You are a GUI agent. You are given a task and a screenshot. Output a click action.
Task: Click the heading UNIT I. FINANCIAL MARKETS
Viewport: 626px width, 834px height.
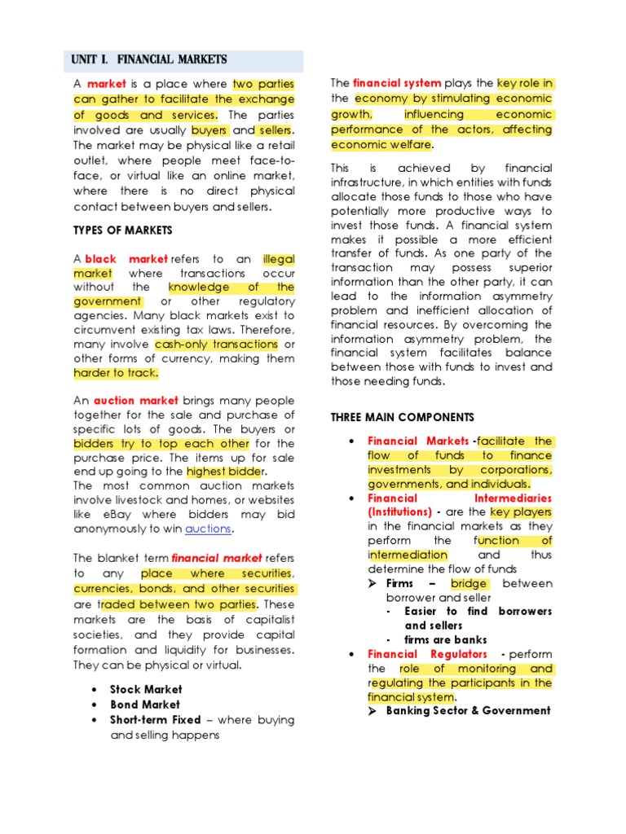(x=149, y=60)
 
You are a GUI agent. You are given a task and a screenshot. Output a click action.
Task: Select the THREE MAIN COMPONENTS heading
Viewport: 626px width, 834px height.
(x=402, y=417)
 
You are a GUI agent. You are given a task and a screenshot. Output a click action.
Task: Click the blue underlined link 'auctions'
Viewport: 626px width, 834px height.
(x=209, y=529)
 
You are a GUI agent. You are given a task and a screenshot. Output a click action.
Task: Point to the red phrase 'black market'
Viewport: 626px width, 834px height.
(x=126, y=259)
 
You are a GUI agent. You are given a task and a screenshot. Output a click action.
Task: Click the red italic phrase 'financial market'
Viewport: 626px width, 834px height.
(x=217, y=558)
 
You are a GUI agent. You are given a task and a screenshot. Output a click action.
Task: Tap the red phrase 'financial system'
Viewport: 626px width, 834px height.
(x=397, y=83)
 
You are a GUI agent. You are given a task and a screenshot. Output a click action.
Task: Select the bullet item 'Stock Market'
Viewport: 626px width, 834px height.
(x=146, y=689)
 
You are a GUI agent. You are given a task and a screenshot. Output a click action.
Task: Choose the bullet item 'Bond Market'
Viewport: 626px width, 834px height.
(x=145, y=705)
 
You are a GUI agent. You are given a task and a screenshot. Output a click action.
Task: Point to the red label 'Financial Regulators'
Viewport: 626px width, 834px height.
(x=427, y=654)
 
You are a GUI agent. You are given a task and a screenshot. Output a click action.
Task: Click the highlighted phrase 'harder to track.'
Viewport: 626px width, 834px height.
(x=116, y=373)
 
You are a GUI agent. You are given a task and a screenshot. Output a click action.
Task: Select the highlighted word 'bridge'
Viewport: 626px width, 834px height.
(x=469, y=583)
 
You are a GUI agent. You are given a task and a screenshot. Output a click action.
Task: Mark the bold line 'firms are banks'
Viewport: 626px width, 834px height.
(x=445, y=640)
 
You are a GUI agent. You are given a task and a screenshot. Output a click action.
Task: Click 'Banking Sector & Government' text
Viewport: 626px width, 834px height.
(x=468, y=710)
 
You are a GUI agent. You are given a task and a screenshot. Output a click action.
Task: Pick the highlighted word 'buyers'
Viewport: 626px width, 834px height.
(x=209, y=130)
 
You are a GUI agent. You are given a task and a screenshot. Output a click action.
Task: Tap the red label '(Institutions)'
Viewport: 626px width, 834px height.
(x=399, y=512)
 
